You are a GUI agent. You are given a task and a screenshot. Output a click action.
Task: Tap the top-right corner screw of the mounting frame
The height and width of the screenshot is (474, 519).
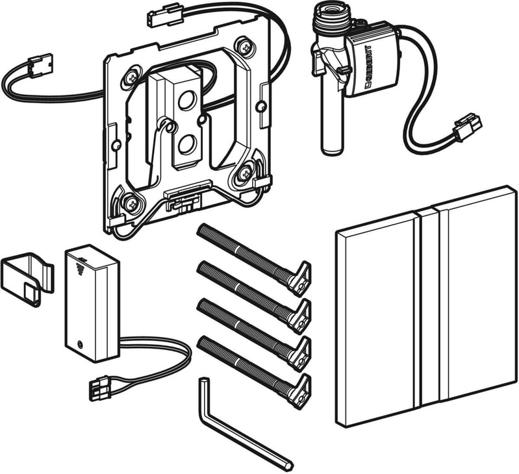(x=246, y=46)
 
